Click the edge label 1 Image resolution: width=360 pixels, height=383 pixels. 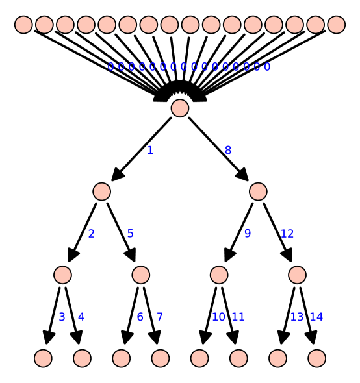pos(150,151)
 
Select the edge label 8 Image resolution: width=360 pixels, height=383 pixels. pos(228,151)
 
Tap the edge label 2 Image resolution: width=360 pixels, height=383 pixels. pos(92,234)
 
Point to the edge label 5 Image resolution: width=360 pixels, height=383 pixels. pos(131,234)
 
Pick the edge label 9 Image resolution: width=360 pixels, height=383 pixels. pos(248,234)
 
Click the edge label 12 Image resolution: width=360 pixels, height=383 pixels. pos(287,234)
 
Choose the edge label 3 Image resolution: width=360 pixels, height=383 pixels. pos(62,317)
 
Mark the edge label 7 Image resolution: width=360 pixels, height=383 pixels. pos(160,317)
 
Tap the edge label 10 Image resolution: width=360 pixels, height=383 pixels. pos(218,317)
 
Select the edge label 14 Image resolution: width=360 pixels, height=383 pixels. pos(316,317)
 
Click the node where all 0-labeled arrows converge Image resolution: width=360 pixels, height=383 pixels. pos(180,108)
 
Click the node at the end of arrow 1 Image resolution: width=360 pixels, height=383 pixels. pos(101,191)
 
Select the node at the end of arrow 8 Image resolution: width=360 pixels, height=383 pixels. pos(258,191)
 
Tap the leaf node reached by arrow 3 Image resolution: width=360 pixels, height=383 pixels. pos(43,358)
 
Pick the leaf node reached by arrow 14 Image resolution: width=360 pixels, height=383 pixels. pos(316,358)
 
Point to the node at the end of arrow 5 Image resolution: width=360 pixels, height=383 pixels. pos(140,275)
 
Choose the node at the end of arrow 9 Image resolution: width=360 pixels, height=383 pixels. pos(219,275)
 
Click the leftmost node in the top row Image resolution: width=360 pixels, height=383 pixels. pos(23,25)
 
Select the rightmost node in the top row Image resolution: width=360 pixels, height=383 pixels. pos(336,25)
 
